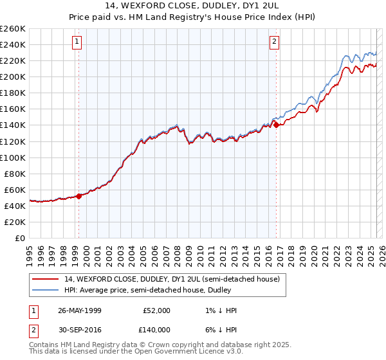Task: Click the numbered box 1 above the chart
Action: [77, 42]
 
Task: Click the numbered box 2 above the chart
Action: [275, 42]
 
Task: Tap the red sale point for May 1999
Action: [78, 196]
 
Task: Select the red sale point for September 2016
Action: [276, 125]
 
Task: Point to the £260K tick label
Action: [13, 29]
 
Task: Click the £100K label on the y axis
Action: [13, 157]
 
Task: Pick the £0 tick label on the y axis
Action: [21, 238]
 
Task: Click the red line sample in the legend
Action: [46, 280]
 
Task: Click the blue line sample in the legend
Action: [46, 290]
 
